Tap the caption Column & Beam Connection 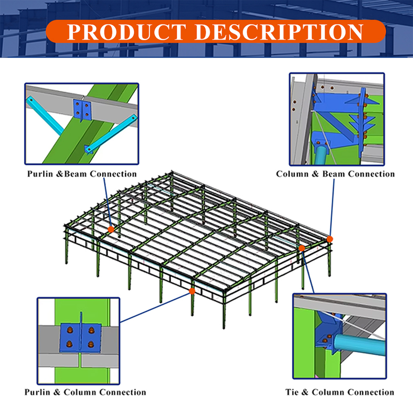point(335,174)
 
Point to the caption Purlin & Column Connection point(85,392)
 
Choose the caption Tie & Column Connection point(339,392)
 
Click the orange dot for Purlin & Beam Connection point(111,229)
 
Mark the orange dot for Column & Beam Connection point(330,239)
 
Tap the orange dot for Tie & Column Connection point(302,248)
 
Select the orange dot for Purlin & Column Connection point(192,291)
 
